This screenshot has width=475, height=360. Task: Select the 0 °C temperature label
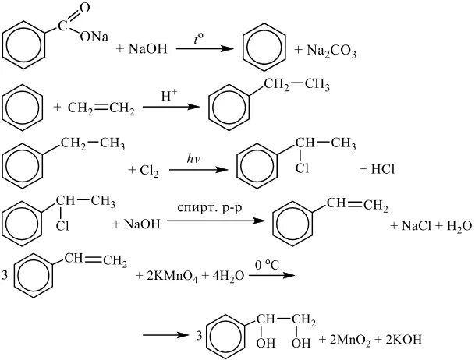pyautogui.click(x=265, y=262)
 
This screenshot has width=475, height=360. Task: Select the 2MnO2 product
pyautogui.click(x=350, y=342)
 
